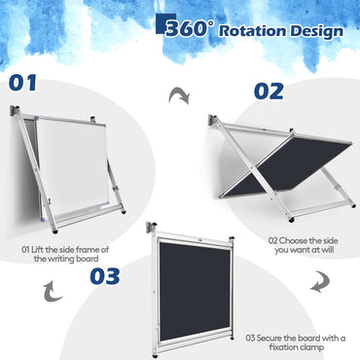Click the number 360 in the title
189,29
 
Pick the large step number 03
93,275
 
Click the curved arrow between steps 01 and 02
178,94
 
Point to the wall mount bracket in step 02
213,122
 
